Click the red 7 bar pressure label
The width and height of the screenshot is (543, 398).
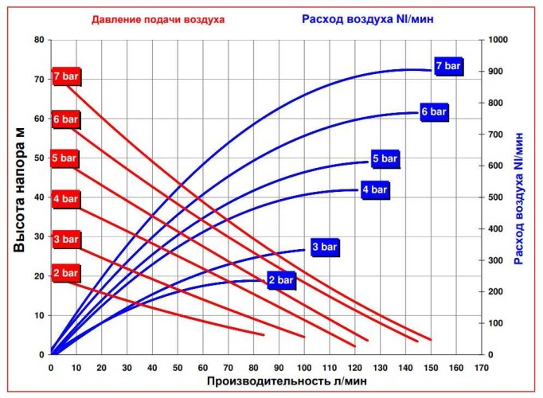[x=66, y=76]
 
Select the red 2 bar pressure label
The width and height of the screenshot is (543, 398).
[x=66, y=273]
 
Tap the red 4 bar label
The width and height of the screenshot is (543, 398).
[x=66, y=198]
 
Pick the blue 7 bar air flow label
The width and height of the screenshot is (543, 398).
[x=448, y=65]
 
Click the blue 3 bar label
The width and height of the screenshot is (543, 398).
[x=325, y=248]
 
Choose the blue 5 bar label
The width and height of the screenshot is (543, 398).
[x=385, y=159]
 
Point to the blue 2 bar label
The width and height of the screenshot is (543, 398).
[x=281, y=281]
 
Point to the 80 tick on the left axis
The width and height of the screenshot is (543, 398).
[x=37, y=40]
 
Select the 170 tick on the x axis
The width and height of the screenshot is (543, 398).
[x=481, y=368]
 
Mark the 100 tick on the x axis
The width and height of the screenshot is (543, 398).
[x=304, y=368]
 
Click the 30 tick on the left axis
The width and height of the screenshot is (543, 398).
[x=37, y=237]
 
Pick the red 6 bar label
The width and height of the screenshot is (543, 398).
[x=66, y=119]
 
